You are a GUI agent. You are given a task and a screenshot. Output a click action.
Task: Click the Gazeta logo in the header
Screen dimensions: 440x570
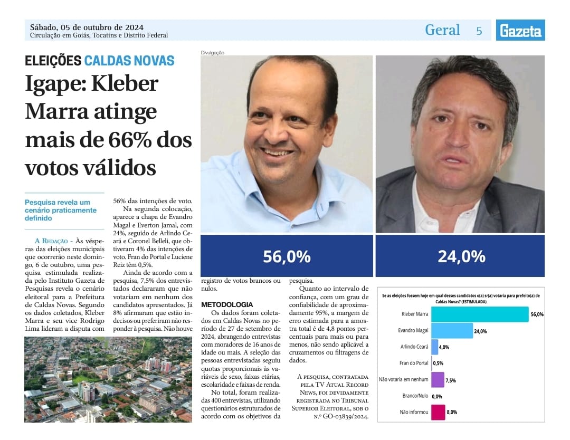520,31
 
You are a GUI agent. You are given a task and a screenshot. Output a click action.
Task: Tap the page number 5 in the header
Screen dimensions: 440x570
479,31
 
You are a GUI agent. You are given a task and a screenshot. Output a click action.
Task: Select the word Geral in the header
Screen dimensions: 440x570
442,30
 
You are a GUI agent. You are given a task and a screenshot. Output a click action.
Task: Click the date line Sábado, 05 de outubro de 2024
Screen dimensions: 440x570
87,27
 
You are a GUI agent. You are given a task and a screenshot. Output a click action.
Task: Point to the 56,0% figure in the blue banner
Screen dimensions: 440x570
287,256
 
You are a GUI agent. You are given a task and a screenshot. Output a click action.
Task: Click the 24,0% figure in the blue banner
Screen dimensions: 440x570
461,256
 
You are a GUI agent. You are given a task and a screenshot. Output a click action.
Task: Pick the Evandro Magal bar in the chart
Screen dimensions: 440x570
452,331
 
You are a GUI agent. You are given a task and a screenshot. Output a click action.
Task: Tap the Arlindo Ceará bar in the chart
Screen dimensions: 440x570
434,347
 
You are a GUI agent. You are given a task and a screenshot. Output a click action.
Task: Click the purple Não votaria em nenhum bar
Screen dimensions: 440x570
438,379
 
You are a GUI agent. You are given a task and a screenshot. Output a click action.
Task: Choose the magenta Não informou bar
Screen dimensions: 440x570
438,412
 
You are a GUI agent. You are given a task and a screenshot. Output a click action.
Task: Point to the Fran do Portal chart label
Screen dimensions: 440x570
414,363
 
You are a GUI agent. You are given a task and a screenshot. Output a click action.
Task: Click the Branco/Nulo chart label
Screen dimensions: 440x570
415,396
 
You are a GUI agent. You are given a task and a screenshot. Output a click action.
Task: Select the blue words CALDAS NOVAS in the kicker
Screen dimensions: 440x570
129,61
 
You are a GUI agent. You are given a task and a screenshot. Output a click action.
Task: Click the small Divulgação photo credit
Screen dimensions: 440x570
213,52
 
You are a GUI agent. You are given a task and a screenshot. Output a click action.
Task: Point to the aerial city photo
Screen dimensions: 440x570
108,379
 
